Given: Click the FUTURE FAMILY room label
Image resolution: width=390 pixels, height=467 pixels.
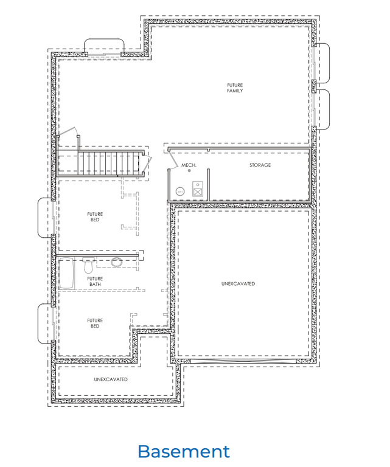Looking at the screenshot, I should click(235, 88).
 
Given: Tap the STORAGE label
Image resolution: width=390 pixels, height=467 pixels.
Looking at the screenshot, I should click(260, 165).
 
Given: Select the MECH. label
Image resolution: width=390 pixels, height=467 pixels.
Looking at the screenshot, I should click(188, 165).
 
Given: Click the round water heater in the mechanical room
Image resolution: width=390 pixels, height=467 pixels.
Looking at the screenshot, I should click(179, 191).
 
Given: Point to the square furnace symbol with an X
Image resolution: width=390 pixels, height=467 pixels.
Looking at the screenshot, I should click(198, 191).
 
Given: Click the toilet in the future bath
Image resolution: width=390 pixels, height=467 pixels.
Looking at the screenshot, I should click(88, 266).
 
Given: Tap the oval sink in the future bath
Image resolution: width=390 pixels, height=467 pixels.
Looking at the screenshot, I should click(117, 262).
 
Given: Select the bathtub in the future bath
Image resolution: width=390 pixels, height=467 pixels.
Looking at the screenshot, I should click(66, 273).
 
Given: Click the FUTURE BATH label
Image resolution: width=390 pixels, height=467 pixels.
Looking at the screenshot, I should click(95, 282).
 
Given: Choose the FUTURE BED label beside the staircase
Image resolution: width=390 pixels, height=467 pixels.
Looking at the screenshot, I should click(94, 216).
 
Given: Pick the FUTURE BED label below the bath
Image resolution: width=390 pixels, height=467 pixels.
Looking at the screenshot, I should click(94, 323).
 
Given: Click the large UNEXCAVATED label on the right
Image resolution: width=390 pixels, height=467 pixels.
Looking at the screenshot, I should click(238, 283).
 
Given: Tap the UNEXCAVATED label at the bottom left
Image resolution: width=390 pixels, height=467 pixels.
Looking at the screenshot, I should click(111, 379).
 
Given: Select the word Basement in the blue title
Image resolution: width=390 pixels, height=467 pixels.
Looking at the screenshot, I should click(184, 451).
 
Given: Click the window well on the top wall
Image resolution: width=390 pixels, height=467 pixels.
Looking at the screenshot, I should click(104, 47).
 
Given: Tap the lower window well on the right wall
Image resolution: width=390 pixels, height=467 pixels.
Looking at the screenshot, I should click(322, 109).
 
